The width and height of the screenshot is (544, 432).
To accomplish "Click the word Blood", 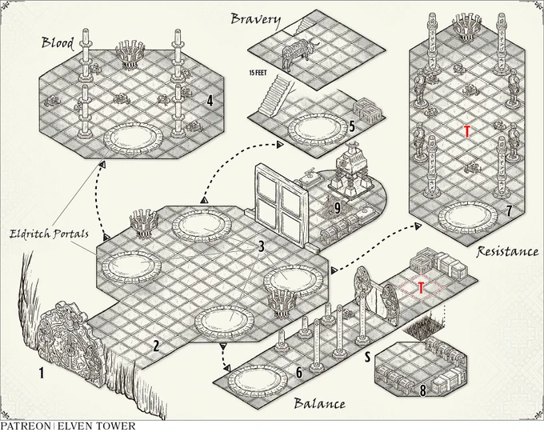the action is tap(58, 42).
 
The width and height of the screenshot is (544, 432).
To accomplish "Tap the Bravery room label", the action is tap(255, 19).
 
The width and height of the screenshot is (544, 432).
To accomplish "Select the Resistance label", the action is tap(507, 251).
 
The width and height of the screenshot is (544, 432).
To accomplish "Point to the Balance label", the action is tap(319, 403).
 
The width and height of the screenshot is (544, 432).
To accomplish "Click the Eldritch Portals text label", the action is tap(49, 234).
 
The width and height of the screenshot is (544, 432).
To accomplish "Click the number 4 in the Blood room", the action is tap(210, 101).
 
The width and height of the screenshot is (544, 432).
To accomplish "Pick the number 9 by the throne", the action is tap(337, 208).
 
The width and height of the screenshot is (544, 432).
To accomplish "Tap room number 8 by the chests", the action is tap(422, 390).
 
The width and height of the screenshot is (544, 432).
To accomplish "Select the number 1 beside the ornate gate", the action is tap(42, 374).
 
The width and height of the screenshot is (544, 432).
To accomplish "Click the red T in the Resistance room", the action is tap(467, 132).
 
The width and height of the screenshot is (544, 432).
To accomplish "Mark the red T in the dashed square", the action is tap(421, 288).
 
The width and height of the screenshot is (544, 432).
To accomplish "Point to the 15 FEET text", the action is tap(258, 74).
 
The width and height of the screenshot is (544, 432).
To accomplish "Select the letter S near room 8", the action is tap(367, 356).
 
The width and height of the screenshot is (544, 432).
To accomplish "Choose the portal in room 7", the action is tap(467, 218).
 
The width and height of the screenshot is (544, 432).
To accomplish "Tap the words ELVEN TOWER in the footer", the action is tap(97, 426).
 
